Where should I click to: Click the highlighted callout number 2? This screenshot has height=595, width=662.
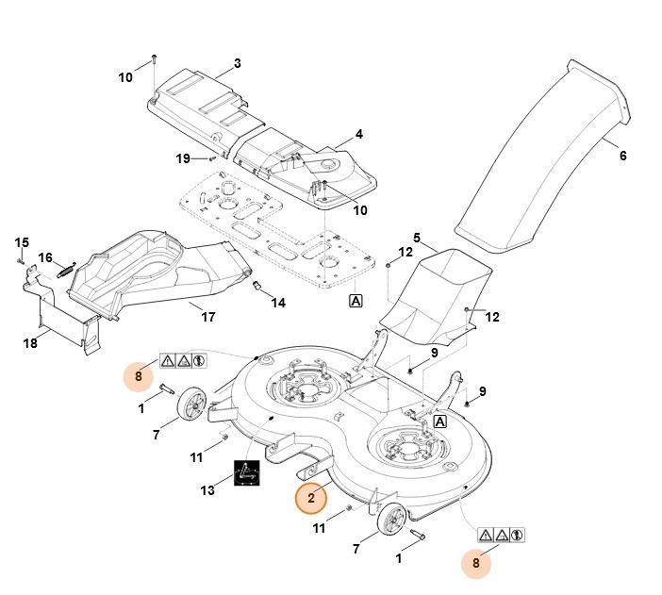(311, 497)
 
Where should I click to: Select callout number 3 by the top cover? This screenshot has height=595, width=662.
(237, 64)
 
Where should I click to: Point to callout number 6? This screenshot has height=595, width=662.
(622, 156)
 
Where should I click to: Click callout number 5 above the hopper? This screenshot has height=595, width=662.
(417, 237)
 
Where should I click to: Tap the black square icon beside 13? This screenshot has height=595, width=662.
(247, 474)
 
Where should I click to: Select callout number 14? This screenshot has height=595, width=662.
(278, 303)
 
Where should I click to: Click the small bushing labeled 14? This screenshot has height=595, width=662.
(257, 285)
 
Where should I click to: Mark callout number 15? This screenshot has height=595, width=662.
(23, 243)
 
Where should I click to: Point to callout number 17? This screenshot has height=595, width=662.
(208, 317)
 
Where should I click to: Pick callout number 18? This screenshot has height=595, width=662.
(30, 343)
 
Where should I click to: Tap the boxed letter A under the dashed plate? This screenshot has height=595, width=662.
(356, 301)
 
